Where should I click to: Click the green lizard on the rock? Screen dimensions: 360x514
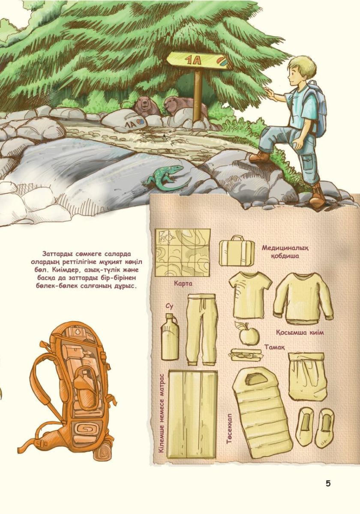pyautogui.click(x=167, y=177)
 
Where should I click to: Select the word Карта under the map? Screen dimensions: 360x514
pyautogui.click(x=183, y=284)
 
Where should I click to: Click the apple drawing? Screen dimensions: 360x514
pyautogui.click(x=248, y=333)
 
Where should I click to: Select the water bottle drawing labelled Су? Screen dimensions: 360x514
pyautogui.click(x=170, y=337)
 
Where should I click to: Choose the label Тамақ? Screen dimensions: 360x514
pyautogui.click(x=275, y=347)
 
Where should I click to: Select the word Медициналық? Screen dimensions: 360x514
pyautogui.click(x=285, y=248)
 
